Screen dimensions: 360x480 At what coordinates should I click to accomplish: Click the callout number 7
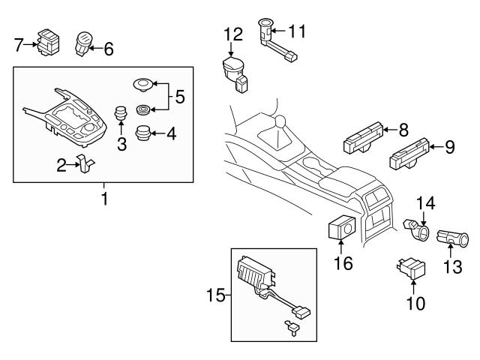coord(19,44)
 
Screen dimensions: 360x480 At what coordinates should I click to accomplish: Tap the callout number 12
coord(234,34)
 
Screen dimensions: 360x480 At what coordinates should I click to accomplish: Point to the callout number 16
coord(342,262)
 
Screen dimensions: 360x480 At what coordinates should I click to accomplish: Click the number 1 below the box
coord(103,199)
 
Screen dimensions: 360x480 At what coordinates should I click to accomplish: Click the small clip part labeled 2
coord(85,164)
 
